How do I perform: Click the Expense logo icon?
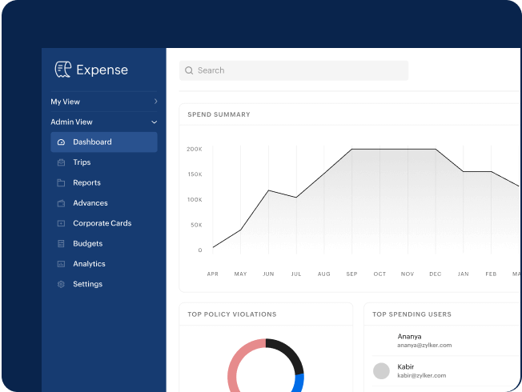point(63,70)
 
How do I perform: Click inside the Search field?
point(293,70)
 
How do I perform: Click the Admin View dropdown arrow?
point(155,122)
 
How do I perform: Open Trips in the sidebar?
point(82,162)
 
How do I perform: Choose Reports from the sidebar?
point(86,182)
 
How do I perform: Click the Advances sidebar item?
point(90,203)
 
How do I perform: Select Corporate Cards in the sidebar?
point(102,223)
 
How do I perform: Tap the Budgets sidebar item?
point(87,243)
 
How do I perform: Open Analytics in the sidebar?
point(89,264)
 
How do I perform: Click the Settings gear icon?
point(61,284)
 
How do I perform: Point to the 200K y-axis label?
point(195,149)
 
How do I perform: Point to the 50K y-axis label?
point(196,225)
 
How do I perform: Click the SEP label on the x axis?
point(351,274)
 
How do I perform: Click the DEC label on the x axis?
point(435,274)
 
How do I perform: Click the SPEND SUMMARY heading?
point(219,114)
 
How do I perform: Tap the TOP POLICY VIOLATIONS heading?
point(231,314)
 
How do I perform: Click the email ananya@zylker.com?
point(424,345)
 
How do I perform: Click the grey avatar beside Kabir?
point(381,370)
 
